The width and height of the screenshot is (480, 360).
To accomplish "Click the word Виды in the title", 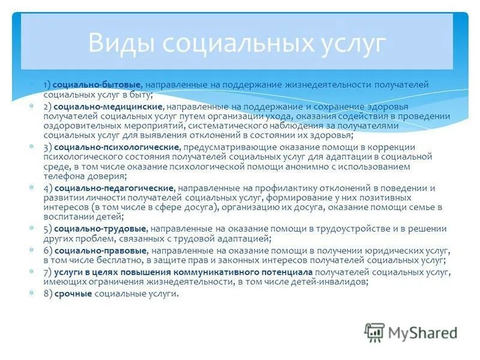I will click(121, 43).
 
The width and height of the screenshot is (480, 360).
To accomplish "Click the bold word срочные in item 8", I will click(73, 293).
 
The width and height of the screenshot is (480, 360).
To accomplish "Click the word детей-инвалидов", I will click(332, 281).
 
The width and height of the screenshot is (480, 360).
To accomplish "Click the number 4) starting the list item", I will click(47, 188).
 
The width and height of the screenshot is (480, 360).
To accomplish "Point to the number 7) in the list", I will click(47, 272).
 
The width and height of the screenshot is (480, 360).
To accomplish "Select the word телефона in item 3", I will click(61, 176).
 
